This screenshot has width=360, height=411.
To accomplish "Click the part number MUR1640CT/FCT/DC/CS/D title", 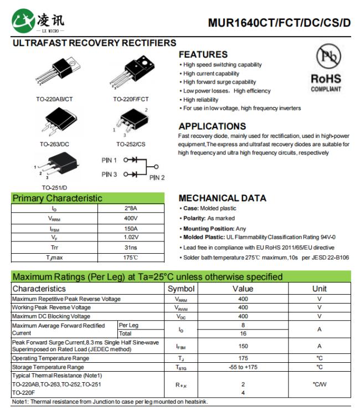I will (x=279, y=23).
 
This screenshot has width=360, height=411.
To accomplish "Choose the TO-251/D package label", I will (x=54, y=187).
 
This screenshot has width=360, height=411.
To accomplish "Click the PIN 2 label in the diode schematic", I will (x=157, y=177).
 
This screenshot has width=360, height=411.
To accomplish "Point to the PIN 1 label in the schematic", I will (x=109, y=160).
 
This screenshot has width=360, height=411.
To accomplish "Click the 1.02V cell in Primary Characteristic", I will (x=131, y=238).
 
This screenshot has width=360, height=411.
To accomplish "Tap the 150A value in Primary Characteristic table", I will (x=131, y=228).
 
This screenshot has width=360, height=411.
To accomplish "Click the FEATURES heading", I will (x=203, y=54).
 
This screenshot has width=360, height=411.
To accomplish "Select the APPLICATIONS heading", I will (x=212, y=126).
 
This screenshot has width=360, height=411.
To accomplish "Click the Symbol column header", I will (x=181, y=289).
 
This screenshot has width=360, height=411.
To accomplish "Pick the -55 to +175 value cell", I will (x=243, y=367).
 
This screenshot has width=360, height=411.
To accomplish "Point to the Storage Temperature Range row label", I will (x=48, y=367).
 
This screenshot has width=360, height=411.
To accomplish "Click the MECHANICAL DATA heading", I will (x=222, y=198).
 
